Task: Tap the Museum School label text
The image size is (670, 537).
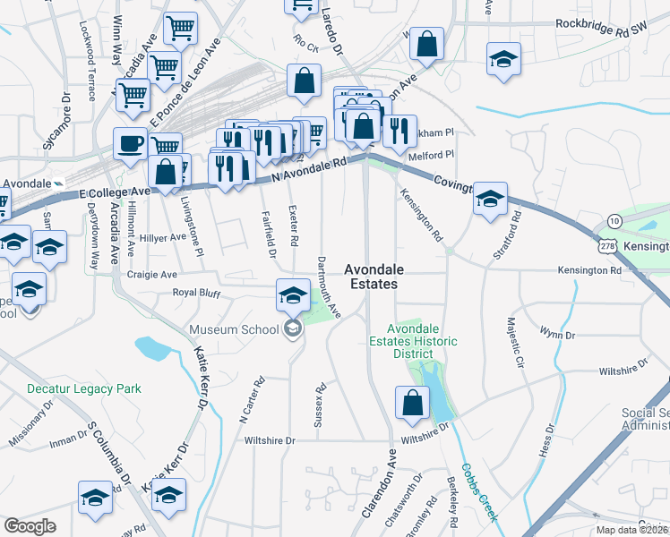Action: pos(234,329)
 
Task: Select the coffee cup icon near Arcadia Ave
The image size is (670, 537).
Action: pos(131,143)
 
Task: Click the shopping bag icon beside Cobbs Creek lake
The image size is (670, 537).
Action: pos(411,404)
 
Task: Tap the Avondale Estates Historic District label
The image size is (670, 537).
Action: pos(413,341)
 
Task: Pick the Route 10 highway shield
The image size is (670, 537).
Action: pos(613,220)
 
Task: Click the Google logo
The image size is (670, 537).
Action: pos(30,526)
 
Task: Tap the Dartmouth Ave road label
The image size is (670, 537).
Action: pos(330,287)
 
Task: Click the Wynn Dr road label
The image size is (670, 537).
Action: pos(556,334)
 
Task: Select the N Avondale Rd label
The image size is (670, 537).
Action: pos(309,170)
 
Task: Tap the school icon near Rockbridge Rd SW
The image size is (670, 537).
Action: pos(503,60)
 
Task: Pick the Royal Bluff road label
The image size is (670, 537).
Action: pos(195,292)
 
